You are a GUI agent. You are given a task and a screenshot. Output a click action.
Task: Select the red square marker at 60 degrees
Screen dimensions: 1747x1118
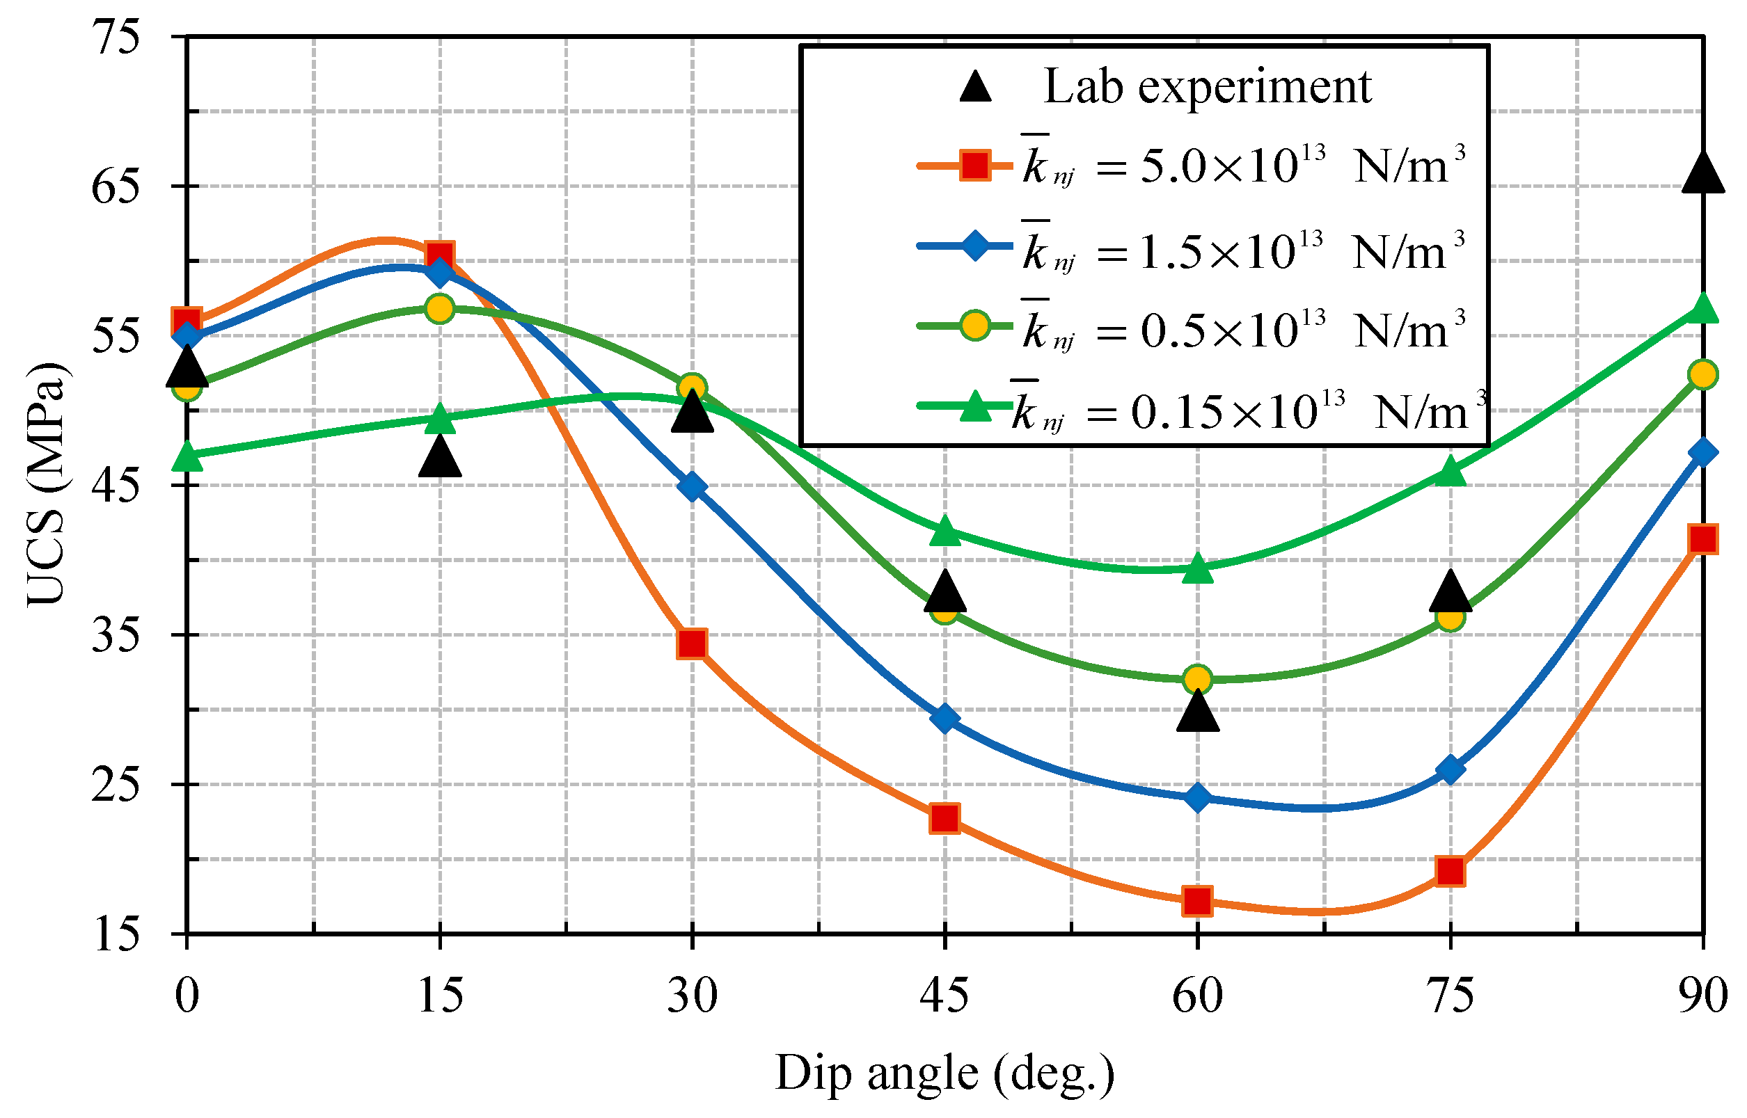1196,900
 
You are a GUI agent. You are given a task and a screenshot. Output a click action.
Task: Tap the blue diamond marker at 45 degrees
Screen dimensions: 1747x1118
944,718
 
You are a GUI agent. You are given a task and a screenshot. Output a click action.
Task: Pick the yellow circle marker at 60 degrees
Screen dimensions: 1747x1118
1196,680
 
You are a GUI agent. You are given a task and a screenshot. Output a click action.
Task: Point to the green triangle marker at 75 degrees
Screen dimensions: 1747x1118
1449,472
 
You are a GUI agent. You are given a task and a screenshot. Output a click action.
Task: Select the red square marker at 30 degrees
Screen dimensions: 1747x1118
691,644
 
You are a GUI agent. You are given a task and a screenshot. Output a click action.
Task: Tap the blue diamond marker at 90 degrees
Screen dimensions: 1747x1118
1702,452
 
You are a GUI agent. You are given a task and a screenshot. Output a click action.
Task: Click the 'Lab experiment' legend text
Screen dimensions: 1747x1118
1206,87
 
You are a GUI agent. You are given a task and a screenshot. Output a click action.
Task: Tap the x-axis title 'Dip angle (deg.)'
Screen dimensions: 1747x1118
944,1073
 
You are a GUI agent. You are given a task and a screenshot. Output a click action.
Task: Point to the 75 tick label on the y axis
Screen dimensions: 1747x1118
115,36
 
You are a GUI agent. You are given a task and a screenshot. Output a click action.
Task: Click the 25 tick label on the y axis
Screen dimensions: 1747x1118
115,784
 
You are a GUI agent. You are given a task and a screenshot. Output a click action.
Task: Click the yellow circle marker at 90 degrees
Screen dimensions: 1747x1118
1702,374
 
